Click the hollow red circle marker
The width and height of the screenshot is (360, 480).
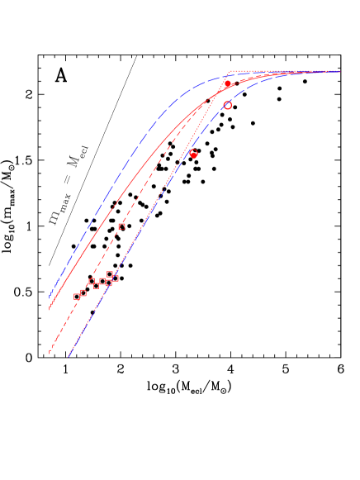click(228, 106)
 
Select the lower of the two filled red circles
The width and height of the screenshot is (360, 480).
click(193, 154)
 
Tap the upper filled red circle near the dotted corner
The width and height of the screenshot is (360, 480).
click(227, 84)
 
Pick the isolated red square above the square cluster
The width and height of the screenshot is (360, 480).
click(121, 226)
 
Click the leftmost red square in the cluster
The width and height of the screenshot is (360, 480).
click(77, 297)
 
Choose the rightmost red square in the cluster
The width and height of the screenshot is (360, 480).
click(115, 278)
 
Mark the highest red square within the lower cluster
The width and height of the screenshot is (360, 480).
click(110, 274)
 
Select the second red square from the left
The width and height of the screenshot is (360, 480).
click(83, 292)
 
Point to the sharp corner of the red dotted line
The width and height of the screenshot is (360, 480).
click(229, 72)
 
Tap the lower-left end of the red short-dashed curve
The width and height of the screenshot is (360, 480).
click(49, 353)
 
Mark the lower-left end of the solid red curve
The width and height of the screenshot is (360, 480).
click(50, 308)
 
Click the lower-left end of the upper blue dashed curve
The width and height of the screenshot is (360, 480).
click(50, 295)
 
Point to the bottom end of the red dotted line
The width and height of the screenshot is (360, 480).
click(69, 357)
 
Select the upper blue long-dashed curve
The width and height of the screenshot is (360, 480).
click(124, 165)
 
